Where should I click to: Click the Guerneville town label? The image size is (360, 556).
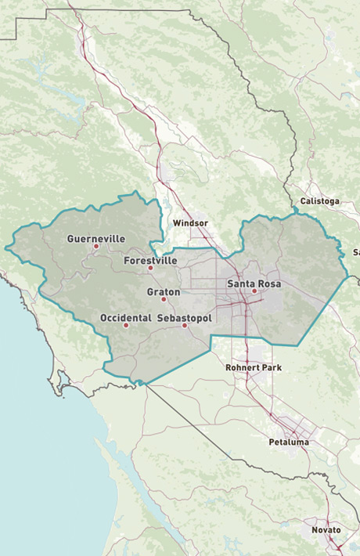point(96,239)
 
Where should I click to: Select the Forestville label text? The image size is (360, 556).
point(151,261)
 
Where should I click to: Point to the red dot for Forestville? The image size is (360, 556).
point(151,268)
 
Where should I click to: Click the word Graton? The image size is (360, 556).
point(164,292)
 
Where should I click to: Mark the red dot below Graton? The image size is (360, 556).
point(164,299)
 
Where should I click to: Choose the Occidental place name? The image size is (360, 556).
point(126,318)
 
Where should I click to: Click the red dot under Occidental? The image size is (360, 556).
point(126,325)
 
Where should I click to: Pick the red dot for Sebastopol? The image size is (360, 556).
point(185,325)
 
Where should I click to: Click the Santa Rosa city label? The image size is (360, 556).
point(254,283)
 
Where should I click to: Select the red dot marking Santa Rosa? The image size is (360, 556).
point(254,291)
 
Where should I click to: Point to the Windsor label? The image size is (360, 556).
point(190,223)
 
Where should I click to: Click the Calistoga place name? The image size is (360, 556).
point(319,201)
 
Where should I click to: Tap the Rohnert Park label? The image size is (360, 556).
point(254,366)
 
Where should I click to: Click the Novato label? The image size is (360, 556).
point(326,530)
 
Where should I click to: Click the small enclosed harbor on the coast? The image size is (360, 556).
point(56,386)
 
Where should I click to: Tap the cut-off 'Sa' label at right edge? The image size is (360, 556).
point(355,252)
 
